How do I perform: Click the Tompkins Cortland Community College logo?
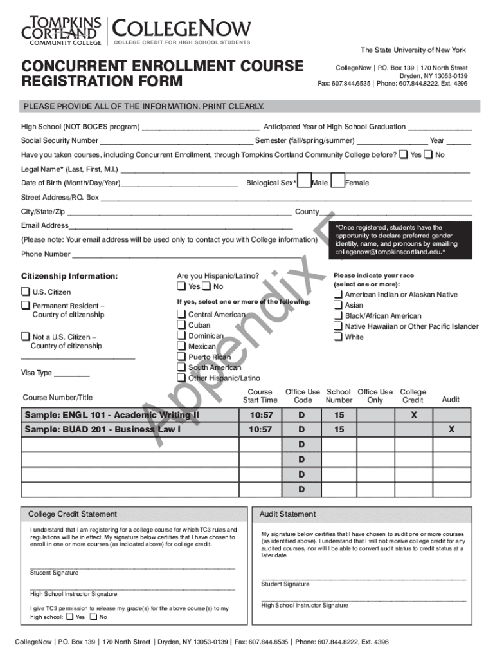[62, 31]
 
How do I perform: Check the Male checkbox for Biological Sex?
[306, 182]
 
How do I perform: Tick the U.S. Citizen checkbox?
[26, 292]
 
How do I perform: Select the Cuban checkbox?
[181, 325]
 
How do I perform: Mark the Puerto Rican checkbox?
[181, 357]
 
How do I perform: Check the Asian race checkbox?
[338, 305]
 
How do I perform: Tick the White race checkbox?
[338, 337]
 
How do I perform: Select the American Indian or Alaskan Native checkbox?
[338, 294]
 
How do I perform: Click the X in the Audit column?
[451, 429]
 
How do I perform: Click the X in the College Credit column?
[413, 415]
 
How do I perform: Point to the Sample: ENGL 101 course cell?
[129, 415]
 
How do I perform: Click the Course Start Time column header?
[260, 396]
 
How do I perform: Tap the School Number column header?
[339, 396]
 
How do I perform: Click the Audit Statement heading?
[288, 514]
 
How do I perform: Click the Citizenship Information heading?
[69, 276]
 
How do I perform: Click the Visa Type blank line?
[72, 374]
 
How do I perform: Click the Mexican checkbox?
[181, 346]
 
